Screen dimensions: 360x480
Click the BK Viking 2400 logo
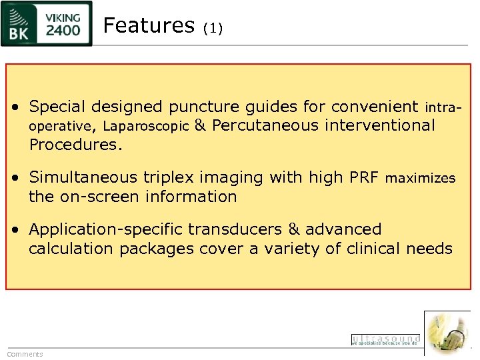click(47, 23)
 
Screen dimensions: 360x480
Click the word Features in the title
click(149, 25)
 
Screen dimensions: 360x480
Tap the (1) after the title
click(213, 28)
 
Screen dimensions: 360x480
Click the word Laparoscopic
click(146, 126)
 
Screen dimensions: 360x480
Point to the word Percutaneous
click(265, 125)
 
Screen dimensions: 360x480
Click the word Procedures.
click(75, 145)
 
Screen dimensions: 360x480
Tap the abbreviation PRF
click(364, 177)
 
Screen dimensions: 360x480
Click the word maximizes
click(421, 178)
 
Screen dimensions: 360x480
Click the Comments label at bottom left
click(25, 354)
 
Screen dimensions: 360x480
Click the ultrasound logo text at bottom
click(385, 340)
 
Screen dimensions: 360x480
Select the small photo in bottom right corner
click(447, 333)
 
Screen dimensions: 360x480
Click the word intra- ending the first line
click(443, 107)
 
